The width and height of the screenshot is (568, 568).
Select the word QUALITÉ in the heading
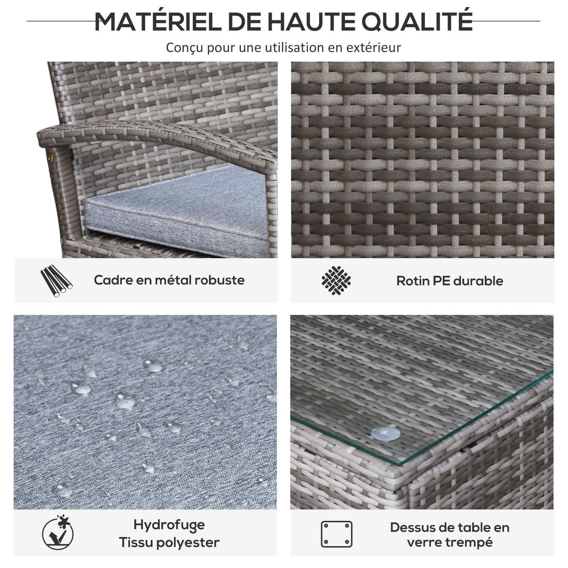tap(417, 21)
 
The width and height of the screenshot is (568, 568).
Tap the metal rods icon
tap(57, 281)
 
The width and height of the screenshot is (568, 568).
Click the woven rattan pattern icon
tap(336, 280)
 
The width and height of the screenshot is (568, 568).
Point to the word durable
tap(478, 281)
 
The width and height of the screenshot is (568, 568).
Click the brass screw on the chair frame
tap(52, 158)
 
